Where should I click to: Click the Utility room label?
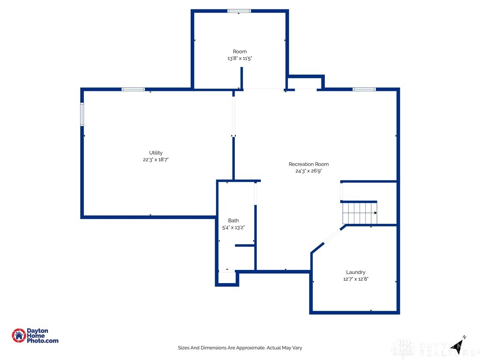(x=156, y=153)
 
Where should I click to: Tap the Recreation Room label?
(x=308, y=164)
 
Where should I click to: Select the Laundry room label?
(x=356, y=272)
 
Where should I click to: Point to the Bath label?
(x=233, y=220)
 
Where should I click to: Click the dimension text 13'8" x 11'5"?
(x=240, y=59)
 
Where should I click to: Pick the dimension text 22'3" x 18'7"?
(x=156, y=160)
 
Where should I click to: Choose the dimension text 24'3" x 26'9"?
(x=308, y=171)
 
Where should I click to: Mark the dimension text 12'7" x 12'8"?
(x=356, y=279)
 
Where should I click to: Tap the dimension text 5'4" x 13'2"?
(x=233, y=227)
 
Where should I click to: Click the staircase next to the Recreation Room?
(x=360, y=213)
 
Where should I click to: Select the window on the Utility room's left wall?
(x=82, y=114)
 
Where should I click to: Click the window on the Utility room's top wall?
(x=133, y=89)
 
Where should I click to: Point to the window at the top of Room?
(x=239, y=11)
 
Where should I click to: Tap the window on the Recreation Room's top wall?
(x=364, y=89)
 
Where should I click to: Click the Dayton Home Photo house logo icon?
(x=19, y=335)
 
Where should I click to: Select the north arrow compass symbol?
(x=458, y=344)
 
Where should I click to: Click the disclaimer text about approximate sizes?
(x=240, y=348)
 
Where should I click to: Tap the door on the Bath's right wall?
(x=255, y=193)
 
